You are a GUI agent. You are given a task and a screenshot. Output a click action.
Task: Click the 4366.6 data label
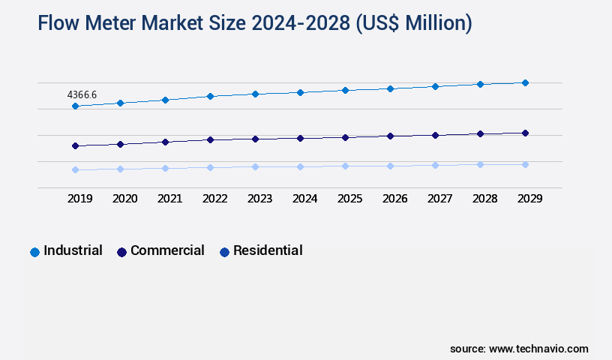coord(82,95)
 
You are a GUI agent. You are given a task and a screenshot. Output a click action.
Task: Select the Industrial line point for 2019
coord(75,106)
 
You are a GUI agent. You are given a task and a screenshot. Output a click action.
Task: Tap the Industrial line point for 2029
coord(525,82)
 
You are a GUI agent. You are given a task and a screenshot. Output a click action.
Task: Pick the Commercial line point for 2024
coord(300,138)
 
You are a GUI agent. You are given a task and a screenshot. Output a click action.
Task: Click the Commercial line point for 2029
coord(525,133)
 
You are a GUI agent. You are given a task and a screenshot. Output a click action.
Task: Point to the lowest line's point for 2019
coord(75,170)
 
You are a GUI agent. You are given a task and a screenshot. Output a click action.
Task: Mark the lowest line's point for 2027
coord(435,165)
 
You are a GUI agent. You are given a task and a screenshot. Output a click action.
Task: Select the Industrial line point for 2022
coord(210,96)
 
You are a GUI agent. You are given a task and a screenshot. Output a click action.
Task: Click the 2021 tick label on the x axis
coord(169,199)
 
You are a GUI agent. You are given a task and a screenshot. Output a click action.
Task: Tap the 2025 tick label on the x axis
coord(349,199)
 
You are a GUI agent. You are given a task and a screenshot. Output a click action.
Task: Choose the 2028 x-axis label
coord(484,199)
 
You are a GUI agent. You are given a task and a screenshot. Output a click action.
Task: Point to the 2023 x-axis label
coord(259,199)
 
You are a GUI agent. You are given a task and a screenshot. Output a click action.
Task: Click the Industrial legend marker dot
coord(34,252)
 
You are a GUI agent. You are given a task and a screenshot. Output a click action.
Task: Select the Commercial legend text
coord(167,250)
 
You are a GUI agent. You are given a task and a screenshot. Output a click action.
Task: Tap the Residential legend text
coord(268,250)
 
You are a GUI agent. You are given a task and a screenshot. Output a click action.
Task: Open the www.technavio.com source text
coord(538,349)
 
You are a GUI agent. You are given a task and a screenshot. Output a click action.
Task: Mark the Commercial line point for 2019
coord(75,145)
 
